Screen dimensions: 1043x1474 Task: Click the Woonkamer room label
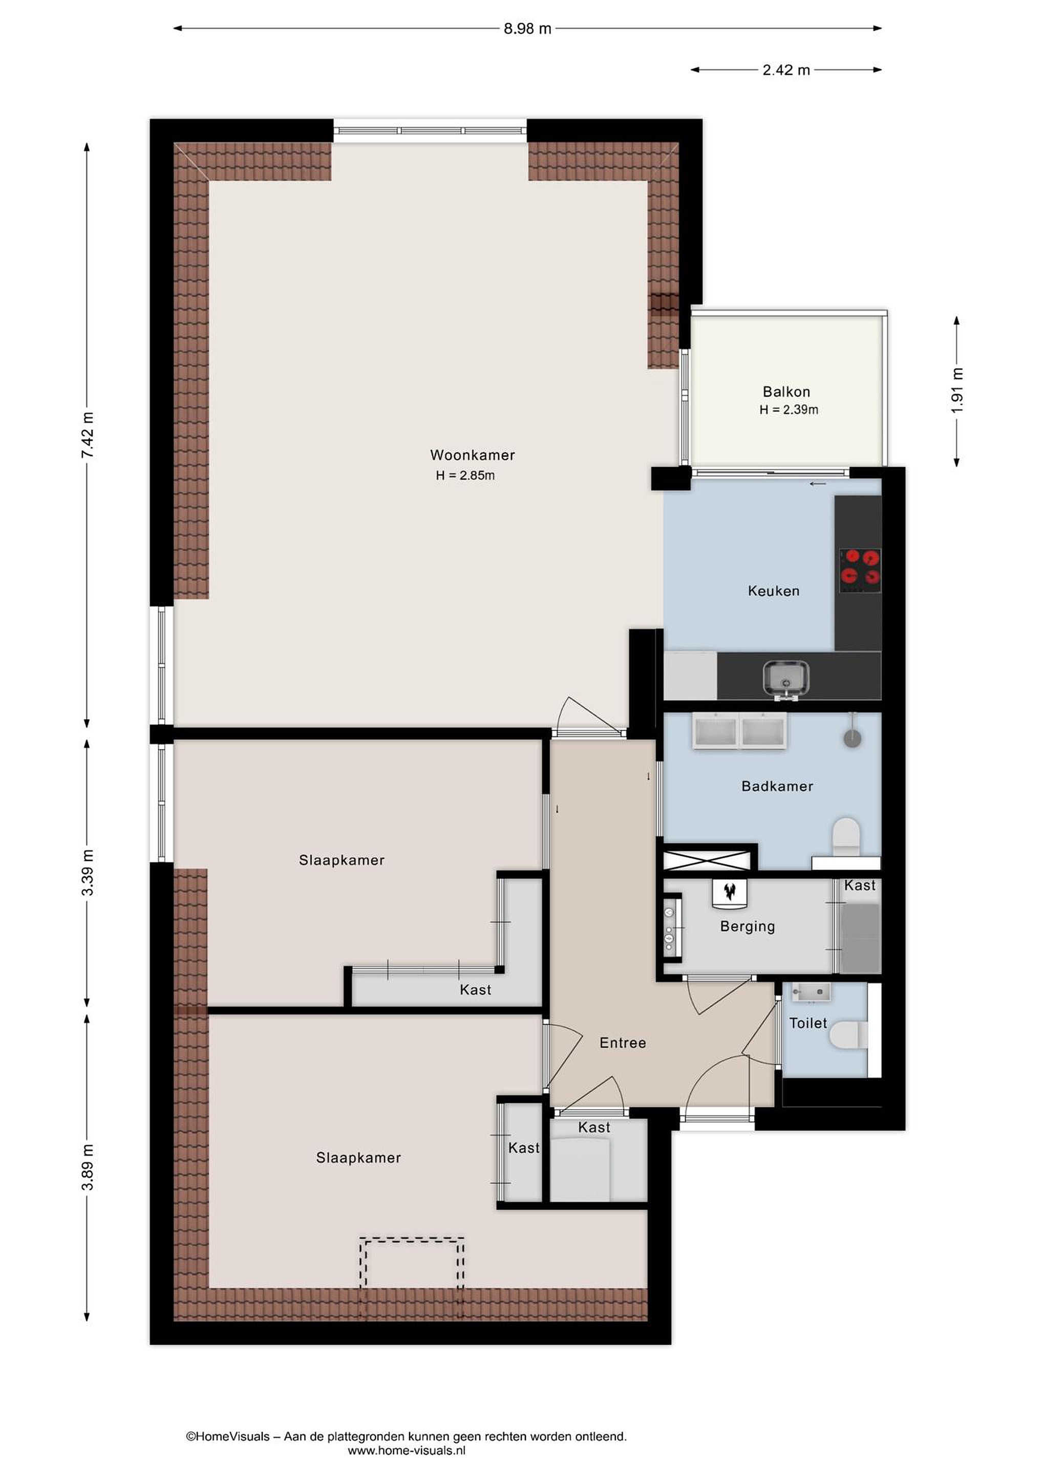[472, 455]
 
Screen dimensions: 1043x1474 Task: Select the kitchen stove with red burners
[860, 570]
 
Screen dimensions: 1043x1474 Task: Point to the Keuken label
[773, 591]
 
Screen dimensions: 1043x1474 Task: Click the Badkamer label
[777, 787]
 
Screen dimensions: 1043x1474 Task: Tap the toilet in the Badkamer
[846, 836]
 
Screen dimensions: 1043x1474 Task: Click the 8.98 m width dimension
[527, 29]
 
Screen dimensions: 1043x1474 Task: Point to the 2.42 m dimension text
[786, 70]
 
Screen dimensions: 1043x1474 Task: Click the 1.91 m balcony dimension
[957, 391]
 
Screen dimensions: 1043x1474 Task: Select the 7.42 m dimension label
[88, 435]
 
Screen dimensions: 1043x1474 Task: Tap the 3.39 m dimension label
[88, 873]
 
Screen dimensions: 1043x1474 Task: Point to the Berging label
[748, 926]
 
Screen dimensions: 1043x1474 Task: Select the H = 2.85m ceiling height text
[465, 475]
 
